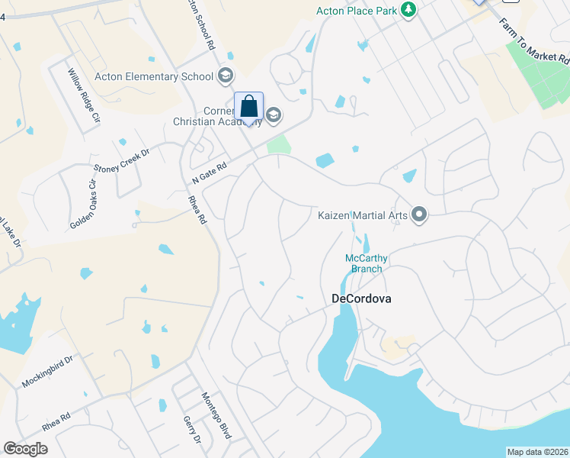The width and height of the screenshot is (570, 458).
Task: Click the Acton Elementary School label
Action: coord(154,76)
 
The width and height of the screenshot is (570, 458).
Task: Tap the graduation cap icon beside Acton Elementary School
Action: coord(225,76)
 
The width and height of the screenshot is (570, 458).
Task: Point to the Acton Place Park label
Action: coord(358,11)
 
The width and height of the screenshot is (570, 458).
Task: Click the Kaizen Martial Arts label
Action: coord(363,215)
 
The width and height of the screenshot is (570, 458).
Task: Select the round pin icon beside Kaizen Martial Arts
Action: coord(418,214)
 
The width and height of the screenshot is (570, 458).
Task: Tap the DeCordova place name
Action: coord(362,299)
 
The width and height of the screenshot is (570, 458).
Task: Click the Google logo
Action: coord(26,449)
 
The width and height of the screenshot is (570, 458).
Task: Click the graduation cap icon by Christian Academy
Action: coord(274,115)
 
